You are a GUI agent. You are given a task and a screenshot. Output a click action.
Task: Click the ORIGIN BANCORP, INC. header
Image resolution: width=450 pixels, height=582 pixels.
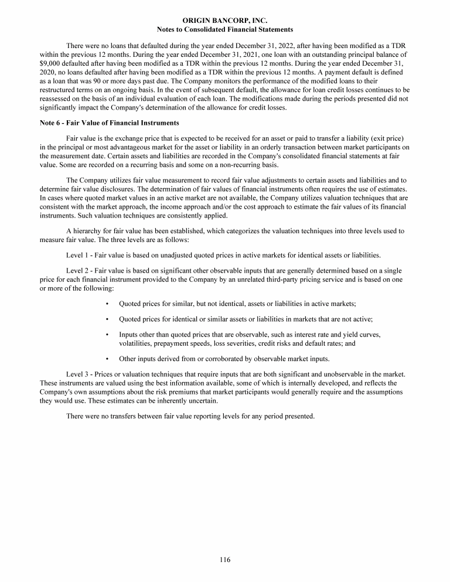tap(225, 21)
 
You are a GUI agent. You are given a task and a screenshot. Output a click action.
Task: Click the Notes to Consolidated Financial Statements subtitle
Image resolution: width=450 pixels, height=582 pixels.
tap(225, 29)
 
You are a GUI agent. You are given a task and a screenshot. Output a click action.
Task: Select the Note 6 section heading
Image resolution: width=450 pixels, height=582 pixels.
tap(110, 123)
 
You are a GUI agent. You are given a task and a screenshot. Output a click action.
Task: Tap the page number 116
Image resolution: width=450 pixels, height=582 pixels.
tap(225, 560)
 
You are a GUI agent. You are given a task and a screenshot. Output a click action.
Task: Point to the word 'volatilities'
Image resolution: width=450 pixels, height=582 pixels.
tap(136, 343)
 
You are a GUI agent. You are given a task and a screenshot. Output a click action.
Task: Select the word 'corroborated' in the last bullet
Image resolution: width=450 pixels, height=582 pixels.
tap(227, 359)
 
